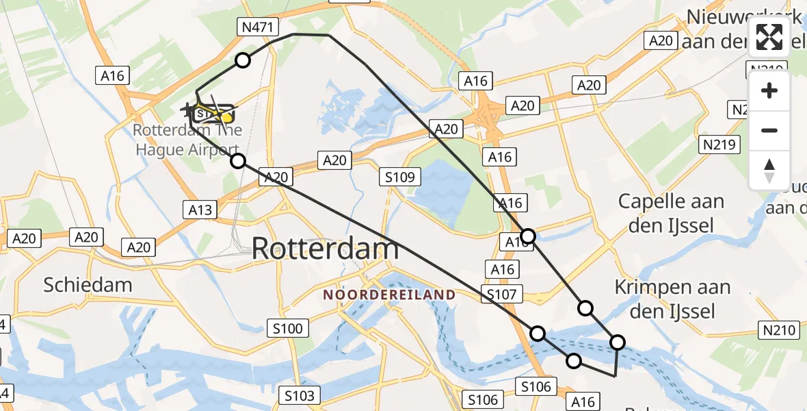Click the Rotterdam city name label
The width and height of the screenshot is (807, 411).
point(326,248)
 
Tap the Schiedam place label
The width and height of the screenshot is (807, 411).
point(88,284)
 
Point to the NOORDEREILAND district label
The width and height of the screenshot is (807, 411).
point(389,295)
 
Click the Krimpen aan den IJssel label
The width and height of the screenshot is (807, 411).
point(672,299)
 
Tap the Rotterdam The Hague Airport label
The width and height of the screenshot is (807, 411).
point(186,140)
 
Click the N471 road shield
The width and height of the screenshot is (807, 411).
point(258,27)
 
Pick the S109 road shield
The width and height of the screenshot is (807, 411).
point(399,177)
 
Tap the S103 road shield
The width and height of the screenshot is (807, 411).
point(300,395)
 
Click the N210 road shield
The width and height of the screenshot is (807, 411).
point(780,331)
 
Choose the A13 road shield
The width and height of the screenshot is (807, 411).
point(200,210)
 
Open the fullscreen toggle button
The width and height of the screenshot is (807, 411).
point(769,37)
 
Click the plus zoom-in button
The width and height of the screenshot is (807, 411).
point(769,90)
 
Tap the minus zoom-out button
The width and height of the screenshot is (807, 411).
point(769,130)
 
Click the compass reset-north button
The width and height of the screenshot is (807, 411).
point(769,171)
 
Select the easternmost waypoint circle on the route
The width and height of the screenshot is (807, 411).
point(618,342)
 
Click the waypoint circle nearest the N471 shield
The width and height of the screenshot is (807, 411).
point(243,61)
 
